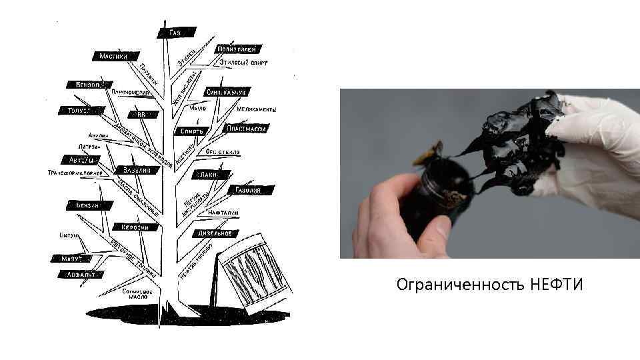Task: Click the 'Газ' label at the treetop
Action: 177,31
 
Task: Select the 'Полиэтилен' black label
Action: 236,49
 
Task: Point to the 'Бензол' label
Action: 85,85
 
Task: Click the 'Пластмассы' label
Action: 247,127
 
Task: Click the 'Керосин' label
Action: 135,227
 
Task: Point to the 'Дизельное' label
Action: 215,233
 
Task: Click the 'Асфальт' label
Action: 79,274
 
